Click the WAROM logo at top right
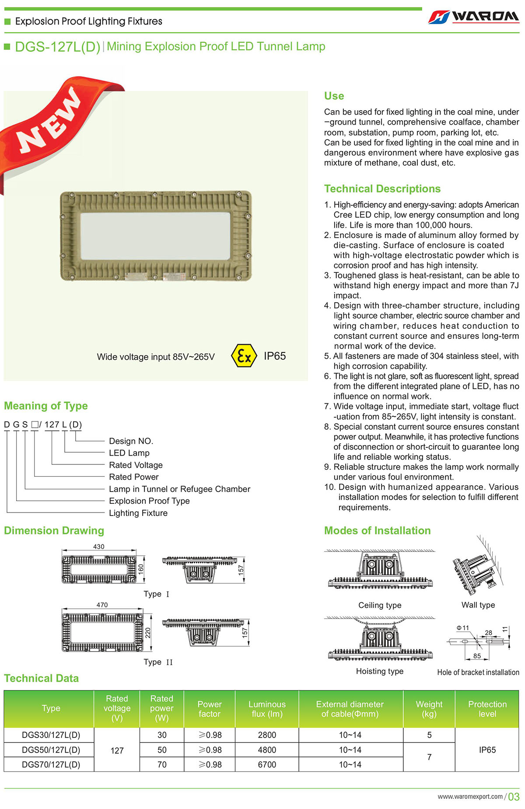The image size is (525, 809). (x=474, y=17)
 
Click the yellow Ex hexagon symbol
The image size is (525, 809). (x=244, y=356)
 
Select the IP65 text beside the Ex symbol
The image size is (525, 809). (x=275, y=356)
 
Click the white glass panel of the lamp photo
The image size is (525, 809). (x=155, y=236)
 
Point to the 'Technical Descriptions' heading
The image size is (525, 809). (x=382, y=189)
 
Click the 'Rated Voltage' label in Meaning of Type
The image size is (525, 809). (x=136, y=465)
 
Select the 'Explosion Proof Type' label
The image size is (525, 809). (x=149, y=501)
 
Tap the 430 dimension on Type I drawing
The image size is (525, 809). (x=99, y=547)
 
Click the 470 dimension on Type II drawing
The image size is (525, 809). (x=102, y=605)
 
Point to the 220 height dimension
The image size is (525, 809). (x=148, y=632)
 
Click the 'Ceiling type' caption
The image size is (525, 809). (x=380, y=605)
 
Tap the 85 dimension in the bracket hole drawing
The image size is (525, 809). (x=477, y=656)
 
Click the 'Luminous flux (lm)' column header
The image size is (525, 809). (x=267, y=709)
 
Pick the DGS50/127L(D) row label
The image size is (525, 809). (x=51, y=750)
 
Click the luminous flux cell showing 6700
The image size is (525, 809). (x=267, y=764)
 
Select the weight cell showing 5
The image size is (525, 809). (x=429, y=735)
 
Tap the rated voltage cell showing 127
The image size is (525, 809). (x=117, y=750)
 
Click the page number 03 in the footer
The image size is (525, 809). (x=514, y=797)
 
